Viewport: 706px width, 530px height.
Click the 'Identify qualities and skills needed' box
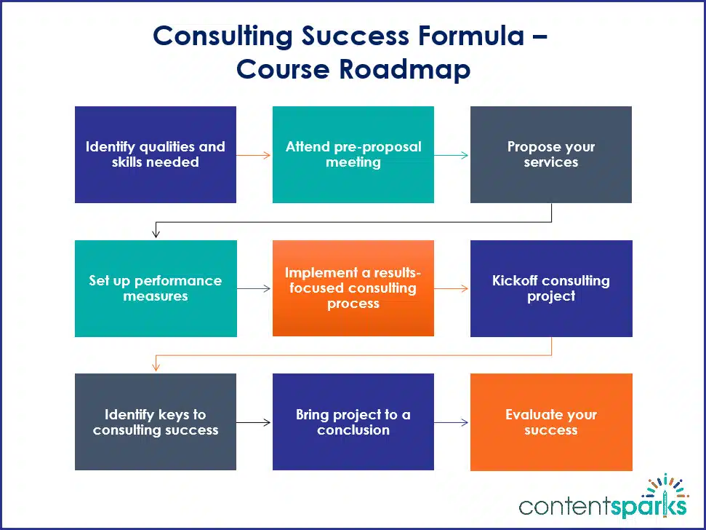[156, 154]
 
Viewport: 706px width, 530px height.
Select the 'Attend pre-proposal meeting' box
[353, 154]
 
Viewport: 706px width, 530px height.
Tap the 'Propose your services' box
[550, 154]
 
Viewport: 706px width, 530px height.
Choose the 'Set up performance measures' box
[156, 288]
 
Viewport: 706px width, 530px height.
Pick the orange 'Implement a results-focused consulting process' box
[353, 288]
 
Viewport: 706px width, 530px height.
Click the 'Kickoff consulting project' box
[550, 288]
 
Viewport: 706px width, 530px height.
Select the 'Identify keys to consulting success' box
[156, 422]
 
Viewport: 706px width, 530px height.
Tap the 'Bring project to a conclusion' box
[353, 422]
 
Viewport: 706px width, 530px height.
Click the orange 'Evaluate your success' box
[550, 422]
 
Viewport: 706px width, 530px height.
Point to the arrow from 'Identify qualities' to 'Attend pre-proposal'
[254, 154]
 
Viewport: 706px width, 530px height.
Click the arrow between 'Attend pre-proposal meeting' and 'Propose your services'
[452, 154]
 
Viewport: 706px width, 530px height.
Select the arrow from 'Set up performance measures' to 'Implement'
[254, 288]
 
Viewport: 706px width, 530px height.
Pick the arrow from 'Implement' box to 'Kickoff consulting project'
[452, 288]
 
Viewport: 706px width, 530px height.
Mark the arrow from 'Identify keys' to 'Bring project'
[254, 422]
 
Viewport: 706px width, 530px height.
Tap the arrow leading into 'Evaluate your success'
[452, 422]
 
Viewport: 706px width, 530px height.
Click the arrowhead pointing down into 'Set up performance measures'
[156, 234]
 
